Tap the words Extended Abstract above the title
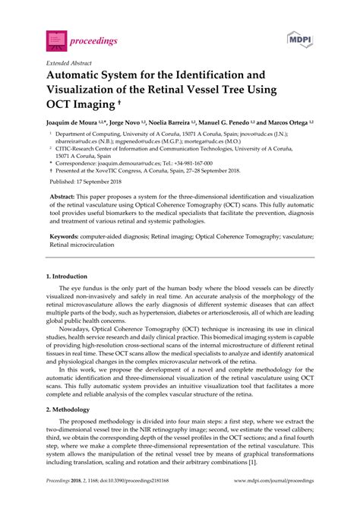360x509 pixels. pyautogui.click(x=70, y=63)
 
